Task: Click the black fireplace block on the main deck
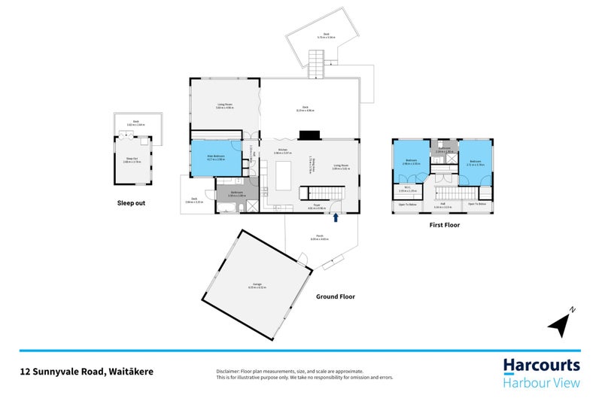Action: [x=309, y=136]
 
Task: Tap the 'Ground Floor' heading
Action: [x=336, y=297]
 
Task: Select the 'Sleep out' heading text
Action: [x=132, y=202]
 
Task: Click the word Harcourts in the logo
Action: [x=541, y=366]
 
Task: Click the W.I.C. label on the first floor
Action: [x=407, y=188]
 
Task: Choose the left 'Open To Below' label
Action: [x=407, y=205]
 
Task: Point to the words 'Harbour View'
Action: [x=541, y=384]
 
